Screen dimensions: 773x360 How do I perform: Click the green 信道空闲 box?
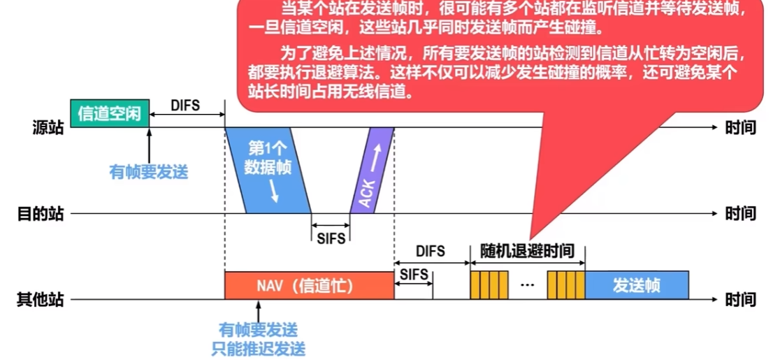(110, 113)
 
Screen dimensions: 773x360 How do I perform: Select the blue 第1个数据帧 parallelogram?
(268, 170)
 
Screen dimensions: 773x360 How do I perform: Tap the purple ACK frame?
(373, 170)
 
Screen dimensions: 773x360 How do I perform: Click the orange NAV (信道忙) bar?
(309, 285)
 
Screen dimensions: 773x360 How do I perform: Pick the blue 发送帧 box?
(637, 285)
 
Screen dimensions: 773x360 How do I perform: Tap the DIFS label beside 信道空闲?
(185, 106)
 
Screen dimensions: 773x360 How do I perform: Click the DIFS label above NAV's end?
(430, 252)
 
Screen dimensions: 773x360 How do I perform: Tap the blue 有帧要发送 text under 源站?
(148, 172)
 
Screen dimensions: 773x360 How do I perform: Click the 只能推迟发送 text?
(259, 349)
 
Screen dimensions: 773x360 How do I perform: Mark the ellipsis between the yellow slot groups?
(527, 285)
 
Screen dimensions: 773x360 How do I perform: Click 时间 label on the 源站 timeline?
(740, 128)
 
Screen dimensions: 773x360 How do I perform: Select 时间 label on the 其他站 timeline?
(740, 299)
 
